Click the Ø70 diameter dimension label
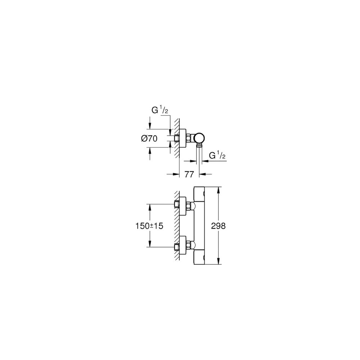tap(149, 139)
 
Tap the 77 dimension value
tap(189, 174)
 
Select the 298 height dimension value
tap(219, 226)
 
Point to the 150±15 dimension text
tap(149, 226)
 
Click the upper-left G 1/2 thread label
tap(160, 110)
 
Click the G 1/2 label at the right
tap(217, 156)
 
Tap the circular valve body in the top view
tap(199, 139)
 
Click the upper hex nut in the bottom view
tap(189, 206)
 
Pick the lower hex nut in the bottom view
tap(189, 245)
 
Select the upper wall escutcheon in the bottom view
tap(183, 206)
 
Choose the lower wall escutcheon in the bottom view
tap(183, 245)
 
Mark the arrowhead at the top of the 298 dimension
tap(219, 190)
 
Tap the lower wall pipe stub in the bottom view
tap(177, 247)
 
